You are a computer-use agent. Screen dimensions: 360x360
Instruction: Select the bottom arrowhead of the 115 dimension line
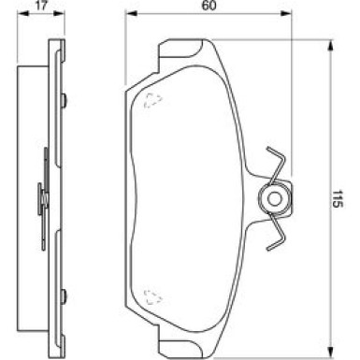(x=331, y=347)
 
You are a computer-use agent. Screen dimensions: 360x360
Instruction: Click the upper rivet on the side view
(x=62, y=101)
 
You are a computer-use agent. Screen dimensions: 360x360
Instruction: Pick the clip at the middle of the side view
(x=43, y=195)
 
